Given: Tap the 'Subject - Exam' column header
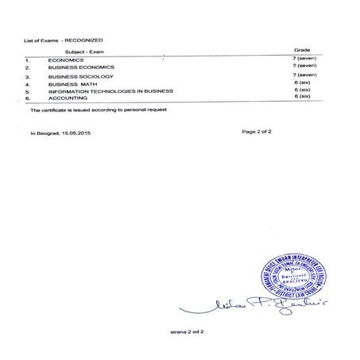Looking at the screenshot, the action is (69, 50).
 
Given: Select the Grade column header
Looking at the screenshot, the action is (302, 49).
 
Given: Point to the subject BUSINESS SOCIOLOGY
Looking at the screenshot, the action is (80, 76).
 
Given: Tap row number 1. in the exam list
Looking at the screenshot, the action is (28, 60).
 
